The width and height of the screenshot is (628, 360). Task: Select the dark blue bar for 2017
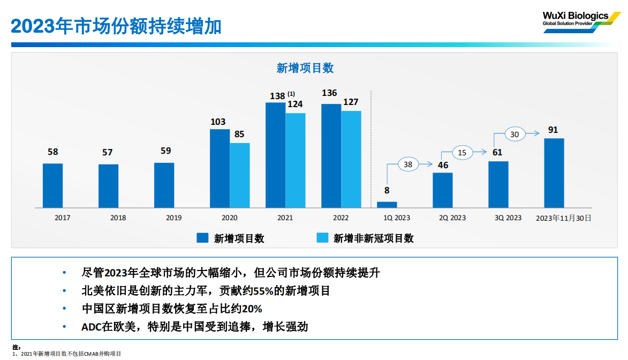point(52,185)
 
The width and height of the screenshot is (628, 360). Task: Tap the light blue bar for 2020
point(240,175)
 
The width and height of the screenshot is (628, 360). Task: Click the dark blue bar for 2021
point(275,155)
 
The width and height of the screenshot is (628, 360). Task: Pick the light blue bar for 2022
point(351,159)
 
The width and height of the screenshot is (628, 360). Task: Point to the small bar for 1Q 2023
point(387,205)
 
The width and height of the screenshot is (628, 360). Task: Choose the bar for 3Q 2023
point(498,184)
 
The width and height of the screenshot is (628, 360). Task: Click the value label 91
point(553,130)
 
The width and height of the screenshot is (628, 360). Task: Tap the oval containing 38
point(408,164)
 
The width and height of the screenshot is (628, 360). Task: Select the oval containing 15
point(462,153)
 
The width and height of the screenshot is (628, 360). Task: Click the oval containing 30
point(514,134)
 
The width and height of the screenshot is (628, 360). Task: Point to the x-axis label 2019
point(173,218)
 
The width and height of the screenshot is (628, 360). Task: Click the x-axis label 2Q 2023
point(452,218)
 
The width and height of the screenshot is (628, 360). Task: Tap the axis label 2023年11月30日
point(564,218)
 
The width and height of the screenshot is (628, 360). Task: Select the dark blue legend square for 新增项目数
point(202,238)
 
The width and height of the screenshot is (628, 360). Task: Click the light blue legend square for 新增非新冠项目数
point(322,238)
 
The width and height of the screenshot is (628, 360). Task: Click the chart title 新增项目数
point(305,68)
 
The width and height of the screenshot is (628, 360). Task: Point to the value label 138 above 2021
point(277,96)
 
